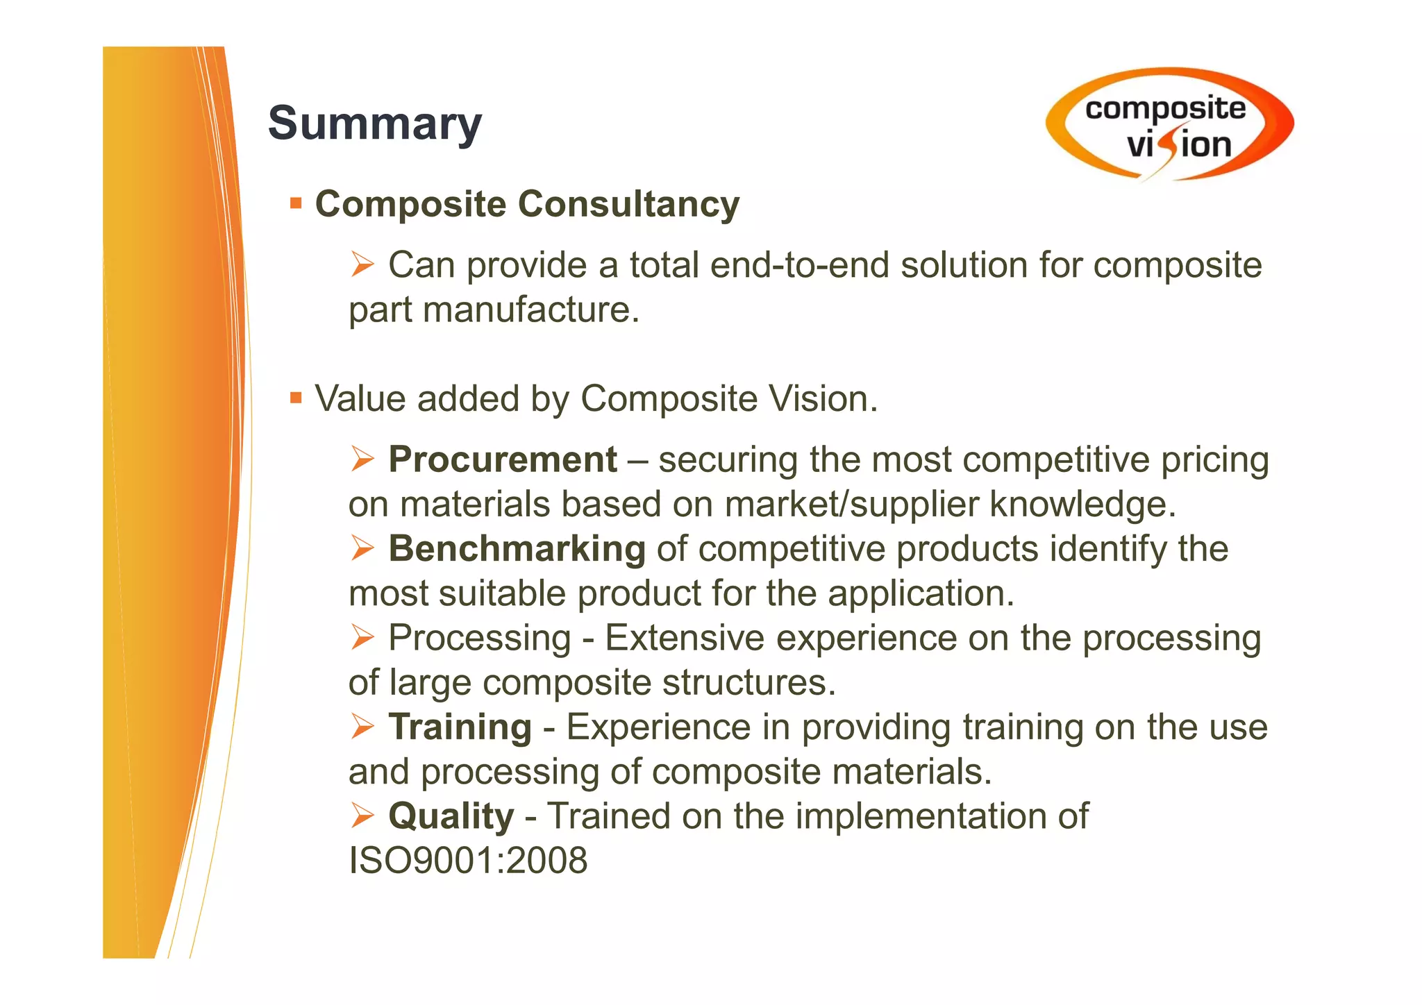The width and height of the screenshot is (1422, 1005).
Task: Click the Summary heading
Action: point(374,123)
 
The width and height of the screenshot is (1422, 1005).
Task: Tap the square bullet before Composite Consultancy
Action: point(296,204)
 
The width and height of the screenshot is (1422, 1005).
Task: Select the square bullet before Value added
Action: point(296,398)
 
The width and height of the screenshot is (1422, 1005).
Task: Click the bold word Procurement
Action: point(502,459)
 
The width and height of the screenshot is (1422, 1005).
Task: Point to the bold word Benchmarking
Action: point(517,548)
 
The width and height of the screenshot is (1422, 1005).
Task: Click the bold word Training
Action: point(460,727)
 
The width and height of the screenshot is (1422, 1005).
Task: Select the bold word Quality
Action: point(451,816)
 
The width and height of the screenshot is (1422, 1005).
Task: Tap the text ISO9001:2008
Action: point(468,861)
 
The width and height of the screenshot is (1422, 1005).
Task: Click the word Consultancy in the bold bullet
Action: point(628,204)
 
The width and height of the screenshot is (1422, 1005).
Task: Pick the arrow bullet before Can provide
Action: point(362,264)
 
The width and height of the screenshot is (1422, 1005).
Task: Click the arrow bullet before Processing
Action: point(362,637)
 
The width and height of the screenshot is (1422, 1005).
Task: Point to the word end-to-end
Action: point(799,265)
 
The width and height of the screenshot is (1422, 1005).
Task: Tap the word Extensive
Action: point(685,637)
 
